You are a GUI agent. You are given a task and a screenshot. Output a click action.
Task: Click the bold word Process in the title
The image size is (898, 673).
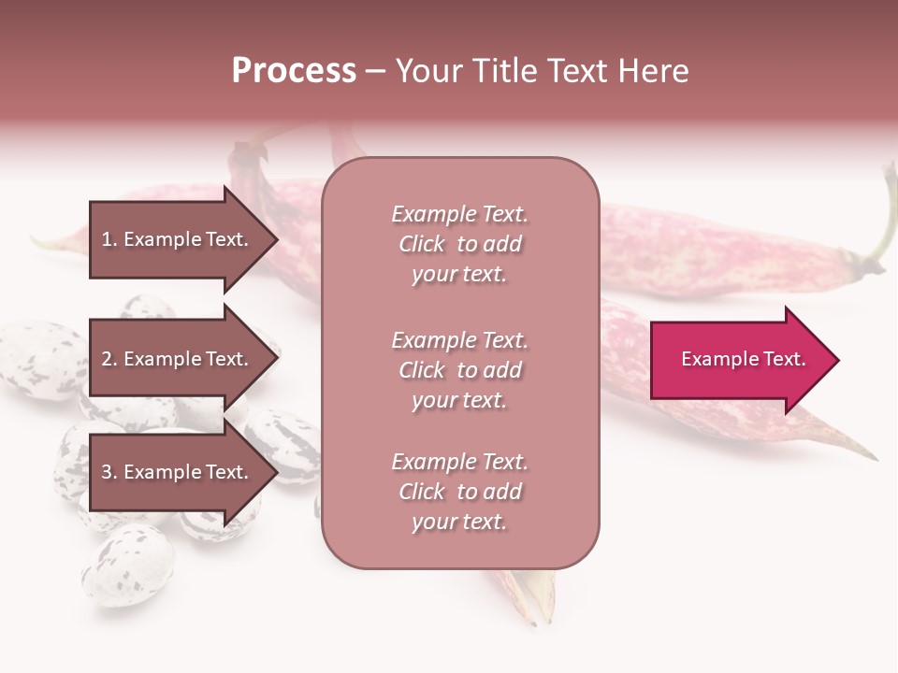294,71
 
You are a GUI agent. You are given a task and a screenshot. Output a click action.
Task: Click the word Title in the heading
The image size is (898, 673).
503,71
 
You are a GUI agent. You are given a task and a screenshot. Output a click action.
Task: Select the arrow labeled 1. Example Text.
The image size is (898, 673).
178,239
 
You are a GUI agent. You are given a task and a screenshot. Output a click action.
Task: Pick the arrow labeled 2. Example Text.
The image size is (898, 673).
178,359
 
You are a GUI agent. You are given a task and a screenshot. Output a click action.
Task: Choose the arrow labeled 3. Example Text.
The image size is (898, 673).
178,472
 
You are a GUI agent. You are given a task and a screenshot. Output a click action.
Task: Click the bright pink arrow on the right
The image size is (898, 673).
739,360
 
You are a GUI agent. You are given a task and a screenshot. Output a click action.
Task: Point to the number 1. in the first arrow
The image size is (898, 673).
109,239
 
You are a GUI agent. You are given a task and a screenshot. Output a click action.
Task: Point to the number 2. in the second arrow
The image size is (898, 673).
109,359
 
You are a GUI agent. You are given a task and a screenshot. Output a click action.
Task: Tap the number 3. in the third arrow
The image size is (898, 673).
109,472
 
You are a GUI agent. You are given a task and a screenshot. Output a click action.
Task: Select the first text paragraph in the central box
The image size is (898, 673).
459,244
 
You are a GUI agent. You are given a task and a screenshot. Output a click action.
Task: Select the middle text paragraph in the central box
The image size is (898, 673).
459,370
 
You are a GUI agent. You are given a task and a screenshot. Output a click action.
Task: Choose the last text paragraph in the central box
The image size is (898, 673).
459,492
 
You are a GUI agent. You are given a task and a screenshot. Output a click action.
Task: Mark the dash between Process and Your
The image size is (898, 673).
375,71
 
